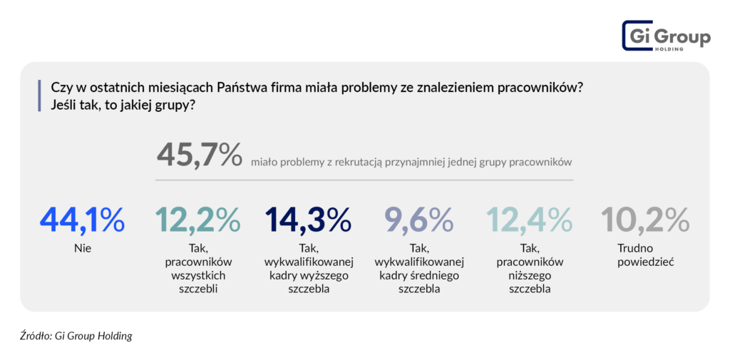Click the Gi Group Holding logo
click(x=666, y=35)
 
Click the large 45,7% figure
click(x=199, y=155)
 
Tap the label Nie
click(x=82, y=249)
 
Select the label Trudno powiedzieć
click(x=645, y=255)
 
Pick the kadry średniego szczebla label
click(x=419, y=269)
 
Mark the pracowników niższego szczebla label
click(x=528, y=269)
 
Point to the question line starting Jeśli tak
click(x=124, y=104)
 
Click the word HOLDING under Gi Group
click(x=671, y=48)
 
